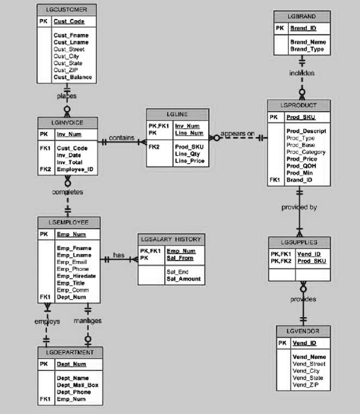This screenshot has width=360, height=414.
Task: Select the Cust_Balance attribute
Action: [72, 77]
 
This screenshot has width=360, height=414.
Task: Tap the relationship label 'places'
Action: [67, 96]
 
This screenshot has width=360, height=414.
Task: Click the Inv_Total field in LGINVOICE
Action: [69, 162]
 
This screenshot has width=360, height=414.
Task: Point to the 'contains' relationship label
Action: [121, 138]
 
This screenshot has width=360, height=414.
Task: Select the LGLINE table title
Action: [177, 114]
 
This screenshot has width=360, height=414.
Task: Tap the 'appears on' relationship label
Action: [237, 134]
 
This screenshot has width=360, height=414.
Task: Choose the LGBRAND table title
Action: [302, 16]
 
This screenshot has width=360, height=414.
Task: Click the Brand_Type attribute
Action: [307, 49]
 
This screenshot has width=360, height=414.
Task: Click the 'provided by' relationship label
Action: [299, 207]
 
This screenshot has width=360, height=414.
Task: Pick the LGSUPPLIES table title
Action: [299, 242]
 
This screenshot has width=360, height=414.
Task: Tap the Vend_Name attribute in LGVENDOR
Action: [309, 357]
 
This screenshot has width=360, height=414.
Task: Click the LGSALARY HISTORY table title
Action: [170, 239]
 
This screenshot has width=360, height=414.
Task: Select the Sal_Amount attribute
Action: [183, 279]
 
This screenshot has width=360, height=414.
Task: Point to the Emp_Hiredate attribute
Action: [76, 276]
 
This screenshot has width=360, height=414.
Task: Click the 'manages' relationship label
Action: [88, 321]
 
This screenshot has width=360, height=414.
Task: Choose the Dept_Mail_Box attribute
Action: [77, 385]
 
